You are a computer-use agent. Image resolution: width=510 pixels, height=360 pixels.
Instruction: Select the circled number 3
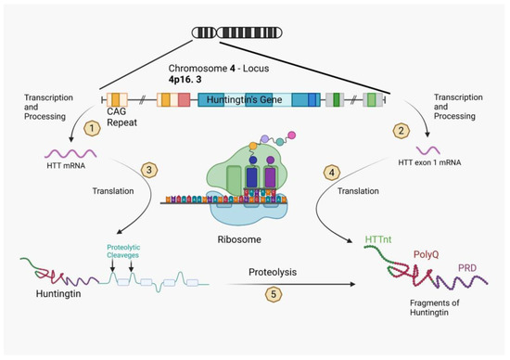click(x=173, y=169)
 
